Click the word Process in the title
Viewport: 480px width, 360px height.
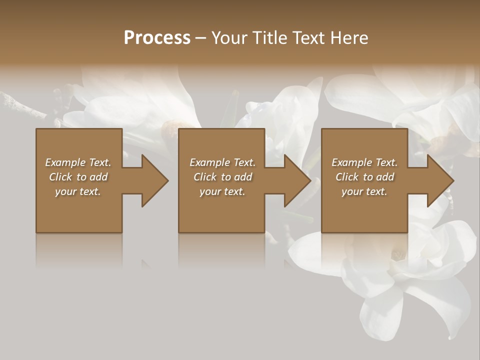pos(157,38)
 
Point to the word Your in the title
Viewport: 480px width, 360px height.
pos(228,38)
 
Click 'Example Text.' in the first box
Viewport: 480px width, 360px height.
pos(78,162)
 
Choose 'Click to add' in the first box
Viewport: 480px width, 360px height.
pos(78,177)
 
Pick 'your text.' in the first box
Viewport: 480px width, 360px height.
pos(78,191)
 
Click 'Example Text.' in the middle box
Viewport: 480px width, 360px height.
pos(222,162)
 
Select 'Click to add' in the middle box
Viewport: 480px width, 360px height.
pos(222,177)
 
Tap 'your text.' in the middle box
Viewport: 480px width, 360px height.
pos(222,191)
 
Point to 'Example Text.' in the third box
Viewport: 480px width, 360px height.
pos(364,162)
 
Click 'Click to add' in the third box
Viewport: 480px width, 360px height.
pos(364,177)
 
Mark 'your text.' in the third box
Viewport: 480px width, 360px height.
pos(364,191)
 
